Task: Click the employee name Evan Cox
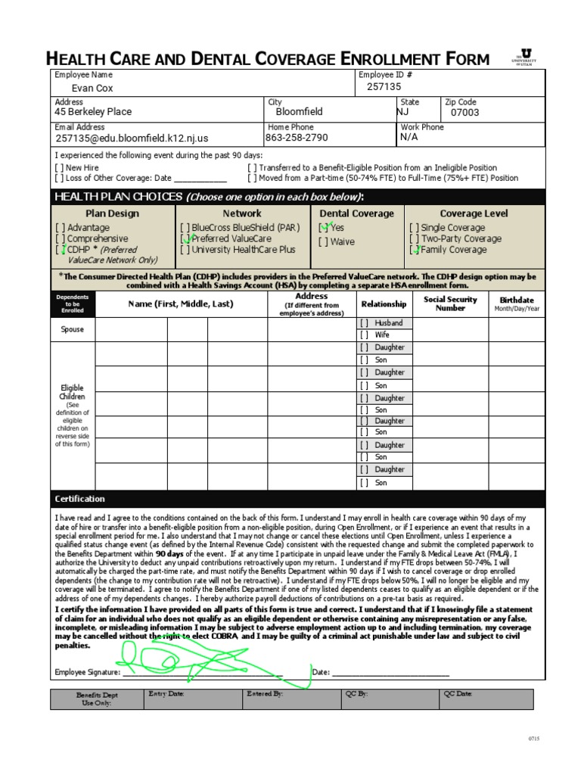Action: click(x=92, y=88)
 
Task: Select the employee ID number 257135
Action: click(x=384, y=87)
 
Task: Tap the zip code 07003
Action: click(x=464, y=113)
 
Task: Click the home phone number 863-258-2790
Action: click(x=297, y=138)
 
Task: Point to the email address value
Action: click(x=131, y=139)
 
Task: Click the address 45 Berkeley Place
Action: click(x=93, y=112)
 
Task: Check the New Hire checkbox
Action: click(x=59, y=168)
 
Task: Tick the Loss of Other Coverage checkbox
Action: click(x=59, y=179)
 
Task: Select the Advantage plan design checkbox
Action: click(x=60, y=228)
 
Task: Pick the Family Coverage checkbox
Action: click(x=415, y=249)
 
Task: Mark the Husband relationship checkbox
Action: click(x=365, y=323)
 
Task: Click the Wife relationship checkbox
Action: click(x=365, y=335)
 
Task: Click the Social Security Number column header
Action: click(x=450, y=303)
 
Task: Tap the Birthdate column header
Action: click(x=517, y=303)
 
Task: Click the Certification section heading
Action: click(x=80, y=500)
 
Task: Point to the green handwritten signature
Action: click(x=212, y=664)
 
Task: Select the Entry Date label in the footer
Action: click(x=166, y=693)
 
